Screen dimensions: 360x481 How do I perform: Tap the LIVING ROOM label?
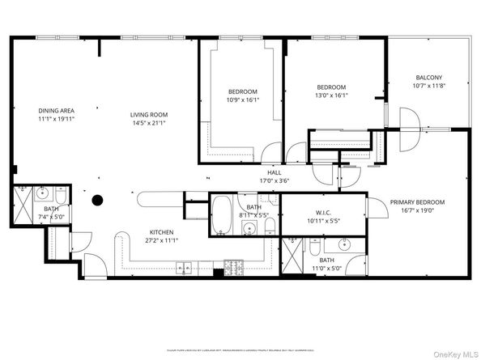click(x=148, y=114)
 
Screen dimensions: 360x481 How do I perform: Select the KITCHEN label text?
click(x=162, y=231)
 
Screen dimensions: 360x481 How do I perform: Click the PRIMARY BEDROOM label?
click(x=417, y=201)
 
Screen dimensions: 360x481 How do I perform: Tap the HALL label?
click(x=275, y=172)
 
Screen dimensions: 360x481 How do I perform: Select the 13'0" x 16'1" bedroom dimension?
click(x=331, y=95)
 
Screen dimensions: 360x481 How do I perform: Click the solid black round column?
click(x=98, y=200)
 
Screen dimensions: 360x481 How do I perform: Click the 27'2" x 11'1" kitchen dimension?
click(x=162, y=240)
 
